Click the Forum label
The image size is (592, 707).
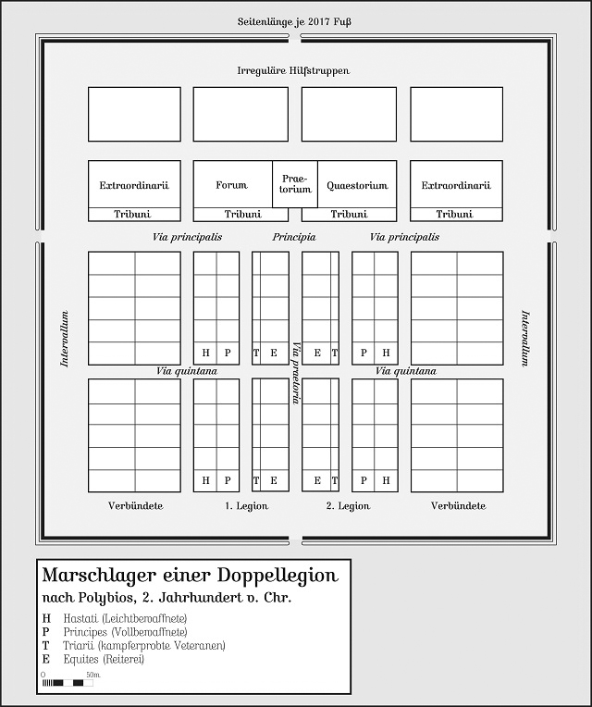click(x=231, y=185)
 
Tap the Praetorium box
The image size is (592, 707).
click(x=295, y=184)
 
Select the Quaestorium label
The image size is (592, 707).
click(x=357, y=185)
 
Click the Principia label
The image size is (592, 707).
click(x=294, y=238)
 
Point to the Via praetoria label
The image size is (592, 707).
click(x=296, y=370)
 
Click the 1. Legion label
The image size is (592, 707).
click(x=246, y=506)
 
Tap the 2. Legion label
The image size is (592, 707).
click(x=348, y=506)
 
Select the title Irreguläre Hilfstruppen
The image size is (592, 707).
click(x=293, y=70)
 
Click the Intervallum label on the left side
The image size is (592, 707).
click(x=65, y=338)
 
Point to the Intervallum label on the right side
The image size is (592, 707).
click(x=525, y=338)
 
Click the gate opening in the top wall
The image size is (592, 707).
click(x=295, y=39)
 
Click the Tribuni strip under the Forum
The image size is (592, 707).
click(x=243, y=215)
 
